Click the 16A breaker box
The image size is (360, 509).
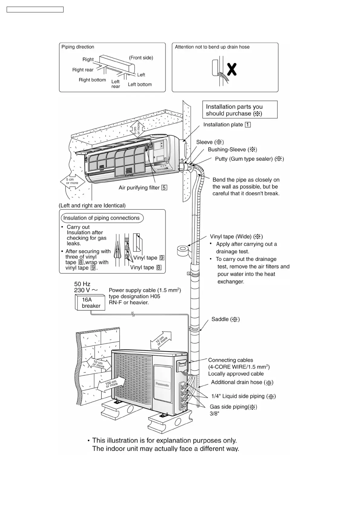click(90, 303)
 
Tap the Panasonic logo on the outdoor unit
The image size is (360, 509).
click(162, 385)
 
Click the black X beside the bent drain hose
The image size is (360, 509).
click(232, 70)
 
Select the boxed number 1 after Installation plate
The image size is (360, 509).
click(248, 125)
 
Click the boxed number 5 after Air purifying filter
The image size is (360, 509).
click(164, 188)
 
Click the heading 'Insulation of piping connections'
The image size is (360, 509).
click(102, 218)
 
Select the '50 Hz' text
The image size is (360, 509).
click(82, 284)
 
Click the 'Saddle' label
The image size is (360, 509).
click(225, 319)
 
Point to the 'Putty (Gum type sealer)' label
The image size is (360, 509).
click(249, 159)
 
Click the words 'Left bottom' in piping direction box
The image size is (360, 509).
click(140, 84)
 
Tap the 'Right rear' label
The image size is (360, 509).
click(83, 70)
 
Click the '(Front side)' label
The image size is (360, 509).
click(141, 58)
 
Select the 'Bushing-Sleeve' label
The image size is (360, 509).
click(232, 149)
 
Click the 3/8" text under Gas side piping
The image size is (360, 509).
click(214, 413)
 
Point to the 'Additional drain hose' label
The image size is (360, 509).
click(242, 382)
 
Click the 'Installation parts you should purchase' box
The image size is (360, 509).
click(240, 110)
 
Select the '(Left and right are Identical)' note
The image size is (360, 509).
click(92, 206)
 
